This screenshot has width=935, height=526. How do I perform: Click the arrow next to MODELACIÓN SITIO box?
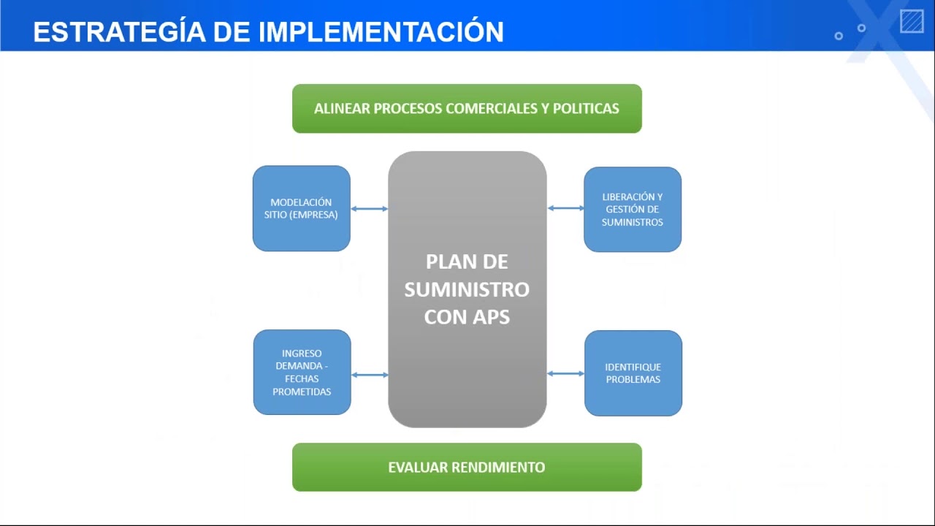point(369,209)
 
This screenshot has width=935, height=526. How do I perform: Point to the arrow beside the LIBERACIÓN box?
point(566,208)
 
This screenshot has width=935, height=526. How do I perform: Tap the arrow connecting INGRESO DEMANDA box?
point(370,375)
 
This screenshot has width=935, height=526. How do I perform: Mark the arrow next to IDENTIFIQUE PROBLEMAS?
point(566,373)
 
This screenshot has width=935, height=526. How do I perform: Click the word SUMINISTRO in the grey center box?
point(467,289)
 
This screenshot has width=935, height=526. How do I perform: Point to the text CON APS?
point(467,318)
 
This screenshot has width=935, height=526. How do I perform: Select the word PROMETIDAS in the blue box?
point(302,392)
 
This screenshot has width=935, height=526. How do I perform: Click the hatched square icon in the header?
point(912,21)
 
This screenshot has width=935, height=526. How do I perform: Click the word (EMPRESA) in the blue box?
point(316,215)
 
